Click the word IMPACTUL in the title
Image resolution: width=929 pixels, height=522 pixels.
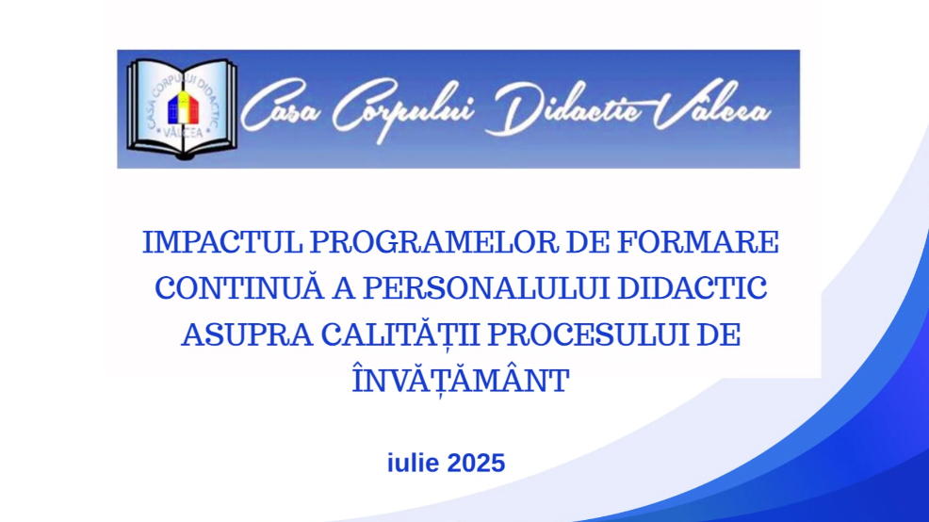click(x=222, y=242)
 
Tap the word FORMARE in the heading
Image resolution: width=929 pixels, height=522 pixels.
click(x=698, y=242)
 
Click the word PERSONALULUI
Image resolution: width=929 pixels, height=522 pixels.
click(x=486, y=288)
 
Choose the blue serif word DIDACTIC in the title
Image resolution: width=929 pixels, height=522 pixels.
click(x=692, y=288)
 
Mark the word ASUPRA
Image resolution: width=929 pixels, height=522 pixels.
click(x=247, y=334)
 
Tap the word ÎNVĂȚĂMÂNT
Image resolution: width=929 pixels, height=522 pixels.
click(x=461, y=380)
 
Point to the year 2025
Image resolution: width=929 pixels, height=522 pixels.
click(x=476, y=464)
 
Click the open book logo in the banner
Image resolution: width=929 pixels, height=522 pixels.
click(x=182, y=108)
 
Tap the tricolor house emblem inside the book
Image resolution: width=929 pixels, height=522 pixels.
click(x=183, y=107)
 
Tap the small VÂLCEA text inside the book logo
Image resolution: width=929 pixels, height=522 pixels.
click(x=183, y=132)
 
